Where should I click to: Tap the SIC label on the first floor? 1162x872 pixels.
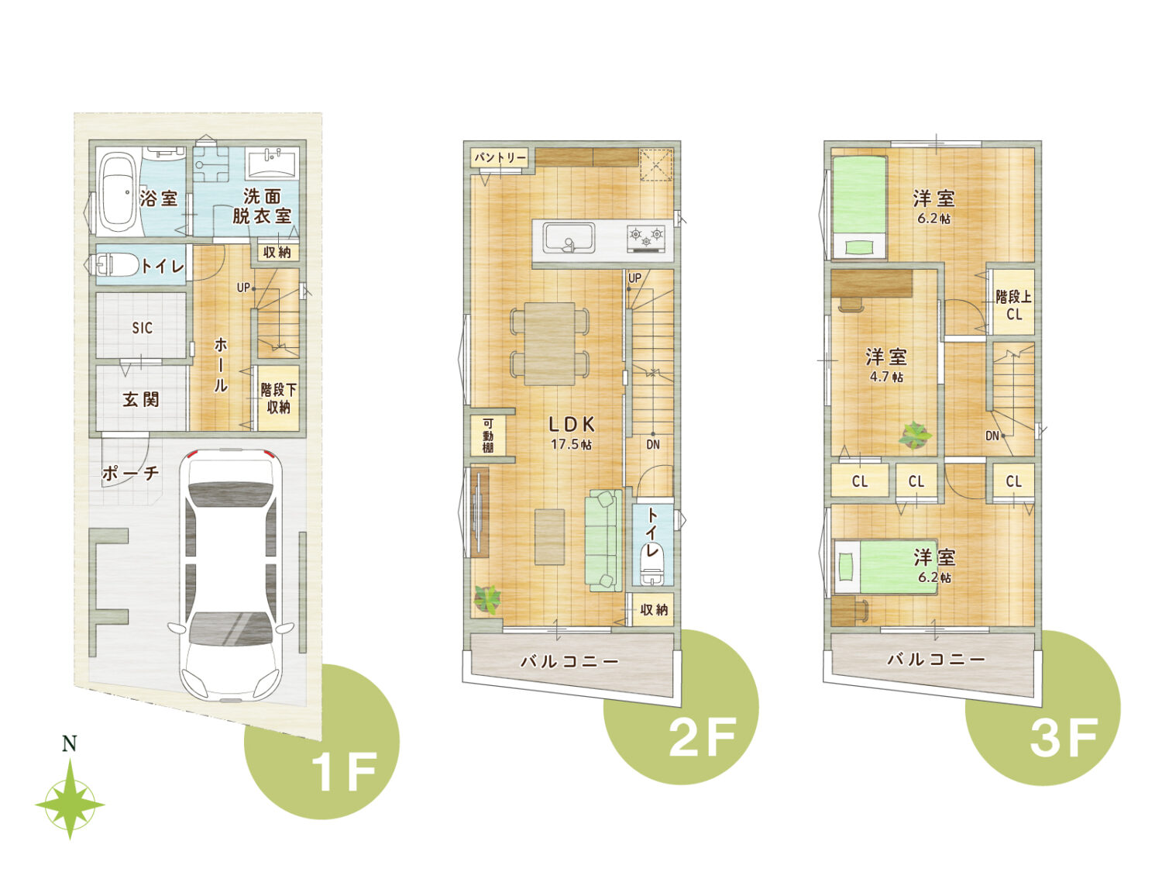142,328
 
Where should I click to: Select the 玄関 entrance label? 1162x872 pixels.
141,399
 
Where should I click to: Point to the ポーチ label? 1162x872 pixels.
130,472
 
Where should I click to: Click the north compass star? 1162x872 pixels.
70,805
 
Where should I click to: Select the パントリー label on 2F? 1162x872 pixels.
500,157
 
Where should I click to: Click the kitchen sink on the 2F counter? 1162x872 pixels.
569,239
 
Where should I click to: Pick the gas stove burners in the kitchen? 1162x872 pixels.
646,237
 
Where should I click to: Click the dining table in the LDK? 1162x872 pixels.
549,343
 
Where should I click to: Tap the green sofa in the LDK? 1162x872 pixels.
603,540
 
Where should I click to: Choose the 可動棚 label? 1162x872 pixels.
487,435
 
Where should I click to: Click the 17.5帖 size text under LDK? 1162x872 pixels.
571,443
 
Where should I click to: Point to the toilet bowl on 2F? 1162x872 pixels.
651,574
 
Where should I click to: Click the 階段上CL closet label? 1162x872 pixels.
1013,305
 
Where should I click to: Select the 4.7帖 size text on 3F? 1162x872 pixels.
886,377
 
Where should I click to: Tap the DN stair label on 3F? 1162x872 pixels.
992,436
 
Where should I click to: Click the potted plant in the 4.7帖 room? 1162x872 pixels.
915,435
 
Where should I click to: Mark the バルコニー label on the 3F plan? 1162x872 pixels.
936,659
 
